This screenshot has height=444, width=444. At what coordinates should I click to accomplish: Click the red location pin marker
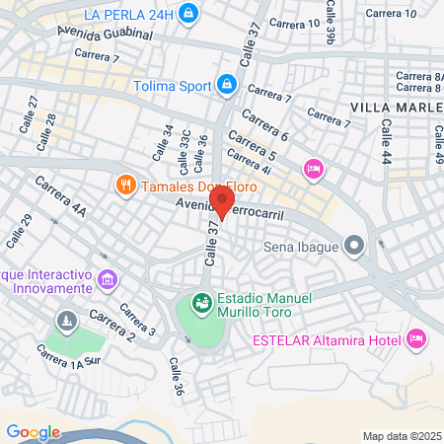point(223,201)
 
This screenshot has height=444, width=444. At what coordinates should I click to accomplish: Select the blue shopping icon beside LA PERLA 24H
point(191,14)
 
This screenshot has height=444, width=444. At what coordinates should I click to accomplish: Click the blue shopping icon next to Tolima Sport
point(228,85)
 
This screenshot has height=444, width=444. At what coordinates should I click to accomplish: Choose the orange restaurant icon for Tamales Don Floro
point(125,185)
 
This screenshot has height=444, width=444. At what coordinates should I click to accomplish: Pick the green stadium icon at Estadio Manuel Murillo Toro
point(201,303)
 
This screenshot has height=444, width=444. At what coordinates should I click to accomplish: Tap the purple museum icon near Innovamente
point(109,283)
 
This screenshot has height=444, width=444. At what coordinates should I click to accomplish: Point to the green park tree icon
point(66,321)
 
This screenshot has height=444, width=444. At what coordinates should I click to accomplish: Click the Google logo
point(33,432)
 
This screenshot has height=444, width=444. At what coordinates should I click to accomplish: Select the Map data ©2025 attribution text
point(399,436)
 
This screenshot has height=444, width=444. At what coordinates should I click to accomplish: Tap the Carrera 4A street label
point(61,196)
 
